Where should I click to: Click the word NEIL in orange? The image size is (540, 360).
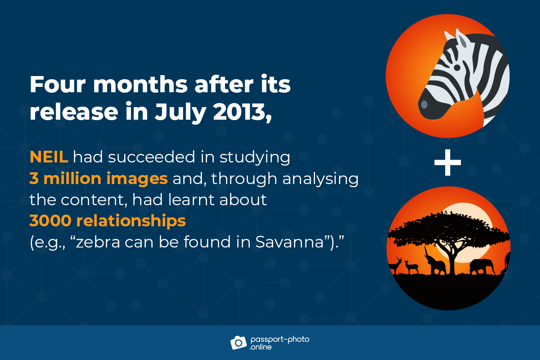coord(49,157)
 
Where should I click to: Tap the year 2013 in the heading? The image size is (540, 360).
coord(242,112)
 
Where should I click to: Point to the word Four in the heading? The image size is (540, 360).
coord(58,84)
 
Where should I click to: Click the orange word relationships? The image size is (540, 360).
coord(131,221)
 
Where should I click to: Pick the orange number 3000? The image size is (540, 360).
coord(50,220)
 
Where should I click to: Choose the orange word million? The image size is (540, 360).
coord(72,179)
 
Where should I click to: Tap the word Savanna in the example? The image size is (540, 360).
coord(289,242)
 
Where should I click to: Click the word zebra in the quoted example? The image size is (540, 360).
coord(98,242)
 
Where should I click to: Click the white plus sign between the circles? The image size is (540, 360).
coord(448,162)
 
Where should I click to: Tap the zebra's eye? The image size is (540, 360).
coord(457,67)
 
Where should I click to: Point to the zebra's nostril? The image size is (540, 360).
coord(424,104)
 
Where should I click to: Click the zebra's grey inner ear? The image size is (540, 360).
coord(463,42)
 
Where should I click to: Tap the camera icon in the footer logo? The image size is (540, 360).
coord(238,342)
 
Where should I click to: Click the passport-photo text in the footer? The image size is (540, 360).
coord(280,339)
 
